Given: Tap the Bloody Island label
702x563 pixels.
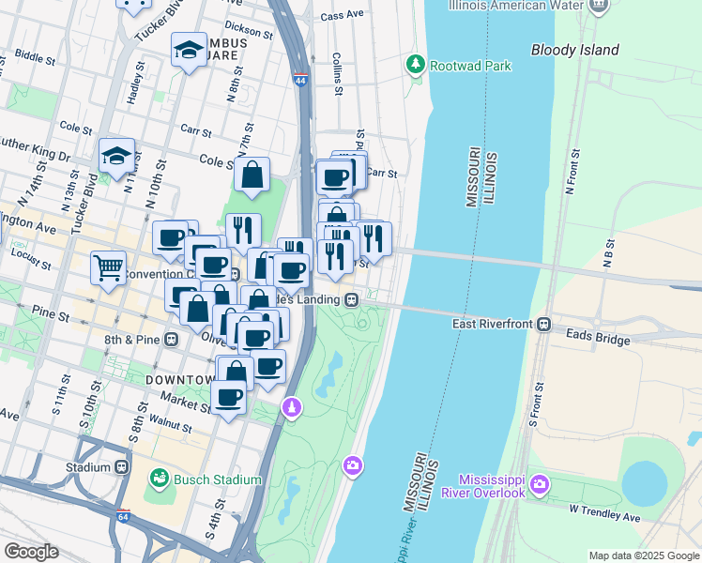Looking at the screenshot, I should pos(575,50).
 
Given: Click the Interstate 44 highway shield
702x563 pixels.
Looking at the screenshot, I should pos(300,80).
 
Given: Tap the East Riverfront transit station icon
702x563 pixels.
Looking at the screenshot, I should pos(542,325).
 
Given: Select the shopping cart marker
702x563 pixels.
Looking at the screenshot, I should pos(109,267).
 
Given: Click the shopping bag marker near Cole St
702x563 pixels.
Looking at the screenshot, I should pos(252,175).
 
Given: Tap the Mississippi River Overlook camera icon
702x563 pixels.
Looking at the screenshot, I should pos(540,484).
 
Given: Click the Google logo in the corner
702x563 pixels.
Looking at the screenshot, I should pos(31,552).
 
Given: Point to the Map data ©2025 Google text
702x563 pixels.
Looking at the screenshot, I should pos(643,555).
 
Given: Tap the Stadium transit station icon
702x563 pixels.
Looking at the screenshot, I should pos(122,466).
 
